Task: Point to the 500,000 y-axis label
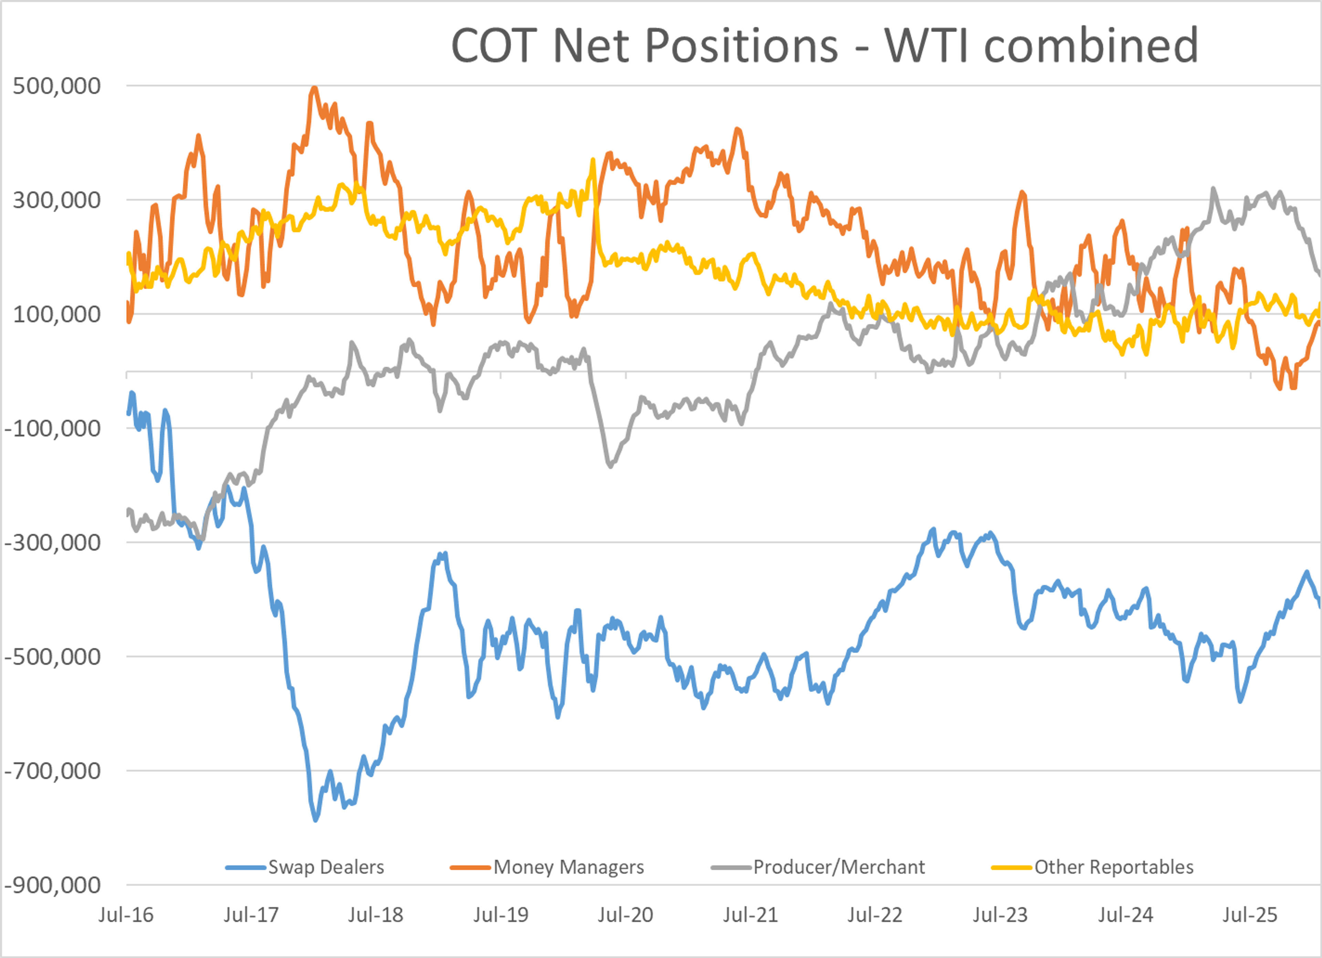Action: (x=56, y=86)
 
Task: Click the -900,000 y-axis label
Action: (x=52, y=885)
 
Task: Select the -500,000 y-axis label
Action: (x=52, y=657)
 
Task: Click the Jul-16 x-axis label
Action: (x=126, y=915)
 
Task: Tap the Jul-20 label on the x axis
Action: (x=626, y=915)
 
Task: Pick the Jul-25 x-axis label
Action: (x=1250, y=915)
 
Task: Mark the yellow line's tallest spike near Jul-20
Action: (x=594, y=160)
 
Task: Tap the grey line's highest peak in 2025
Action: (x=1214, y=189)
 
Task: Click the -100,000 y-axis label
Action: (x=52, y=428)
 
